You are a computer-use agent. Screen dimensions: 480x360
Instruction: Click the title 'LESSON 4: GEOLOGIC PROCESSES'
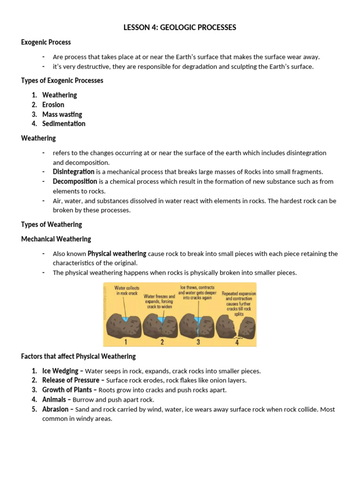180,28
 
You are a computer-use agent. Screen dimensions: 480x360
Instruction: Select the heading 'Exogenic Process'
46,42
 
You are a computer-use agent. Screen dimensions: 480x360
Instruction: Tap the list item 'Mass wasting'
62,114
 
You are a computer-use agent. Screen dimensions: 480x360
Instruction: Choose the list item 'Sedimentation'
64,124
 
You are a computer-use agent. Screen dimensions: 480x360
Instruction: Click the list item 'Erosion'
53,105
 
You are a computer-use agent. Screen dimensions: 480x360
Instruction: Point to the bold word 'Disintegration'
73,172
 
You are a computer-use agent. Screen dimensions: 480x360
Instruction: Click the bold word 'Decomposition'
75,181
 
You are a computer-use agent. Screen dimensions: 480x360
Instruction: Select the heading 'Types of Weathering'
52,225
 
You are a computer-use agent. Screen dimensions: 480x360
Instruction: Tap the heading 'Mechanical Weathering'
56,239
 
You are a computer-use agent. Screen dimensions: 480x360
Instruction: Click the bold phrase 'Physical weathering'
117,254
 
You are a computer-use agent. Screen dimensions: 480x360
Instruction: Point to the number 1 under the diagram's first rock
125,342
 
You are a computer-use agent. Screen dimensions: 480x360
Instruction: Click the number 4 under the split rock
237,342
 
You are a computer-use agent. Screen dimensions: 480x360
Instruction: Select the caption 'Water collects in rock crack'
127,291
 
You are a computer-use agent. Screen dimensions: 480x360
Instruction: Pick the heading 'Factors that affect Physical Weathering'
78,356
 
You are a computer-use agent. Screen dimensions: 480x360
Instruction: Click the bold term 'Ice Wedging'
60,371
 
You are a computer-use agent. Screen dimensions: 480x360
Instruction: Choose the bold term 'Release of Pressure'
71,380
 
